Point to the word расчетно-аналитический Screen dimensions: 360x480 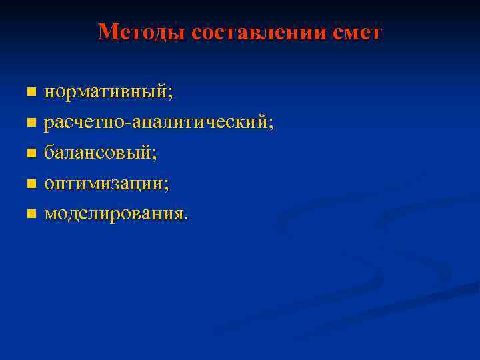click(x=157, y=123)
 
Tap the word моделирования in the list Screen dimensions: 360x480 click(x=114, y=214)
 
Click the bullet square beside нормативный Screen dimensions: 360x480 click(x=31, y=91)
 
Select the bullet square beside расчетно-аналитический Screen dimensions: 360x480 click(x=31, y=123)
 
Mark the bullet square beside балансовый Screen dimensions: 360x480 click(x=31, y=153)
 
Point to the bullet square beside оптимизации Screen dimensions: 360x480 click(x=31, y=184)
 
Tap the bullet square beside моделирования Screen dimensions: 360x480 click(x=31, y=214)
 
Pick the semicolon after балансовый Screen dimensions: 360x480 click(x=155, y=155)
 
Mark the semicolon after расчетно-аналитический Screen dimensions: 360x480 click(x=271, y=125)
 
